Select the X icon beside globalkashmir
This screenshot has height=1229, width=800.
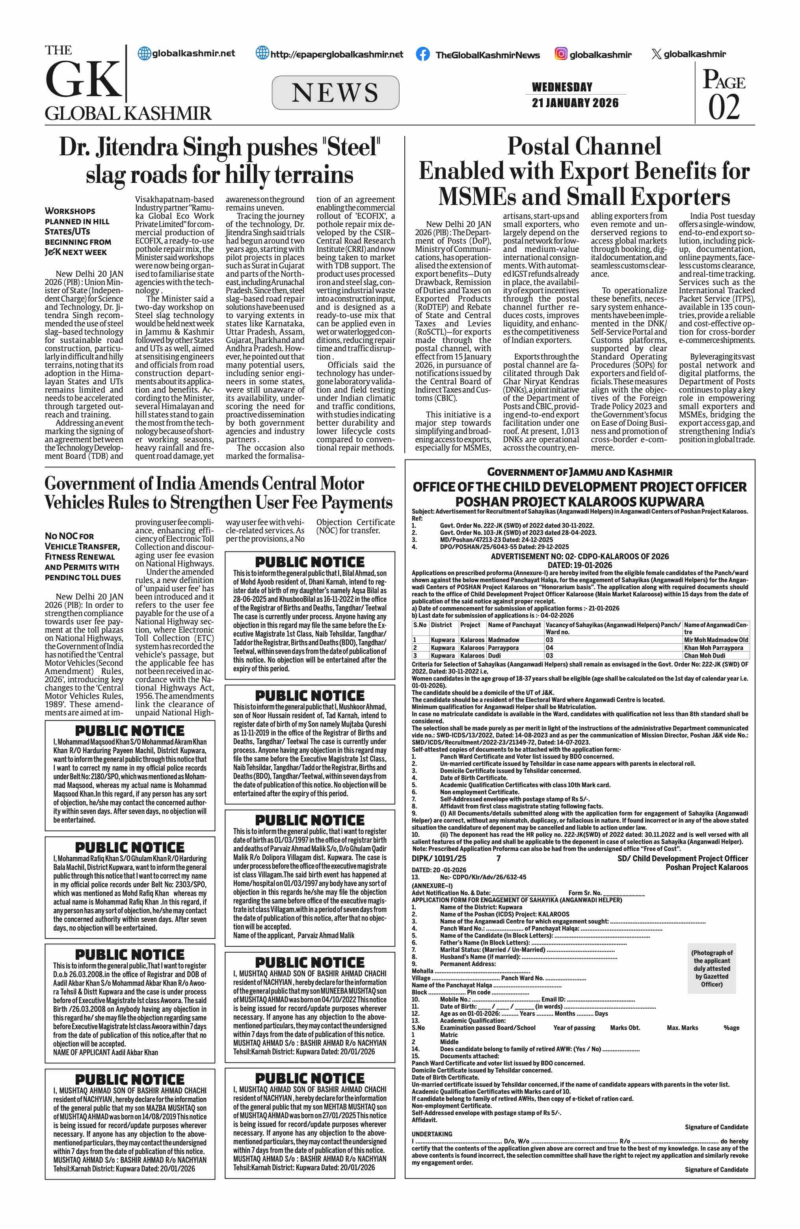[x=656, y=54]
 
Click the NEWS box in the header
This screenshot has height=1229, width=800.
[x=335, y=93]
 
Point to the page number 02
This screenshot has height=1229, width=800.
[x=724, y=107]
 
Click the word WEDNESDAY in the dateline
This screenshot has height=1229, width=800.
[x=562, y=87]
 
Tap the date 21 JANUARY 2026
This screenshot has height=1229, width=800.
[x=575, y=103]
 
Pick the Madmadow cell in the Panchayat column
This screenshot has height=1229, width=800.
[x=504, y=640]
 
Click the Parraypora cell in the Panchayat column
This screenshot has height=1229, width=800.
[x=503, y=648]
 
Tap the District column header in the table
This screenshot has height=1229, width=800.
[x=441, y=625]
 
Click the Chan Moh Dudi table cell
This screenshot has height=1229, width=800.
[x=705, y=655]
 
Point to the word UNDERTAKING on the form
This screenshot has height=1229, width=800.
[x=432, y=1134]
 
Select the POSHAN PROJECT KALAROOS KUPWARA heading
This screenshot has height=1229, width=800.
[x=579, y=501]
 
